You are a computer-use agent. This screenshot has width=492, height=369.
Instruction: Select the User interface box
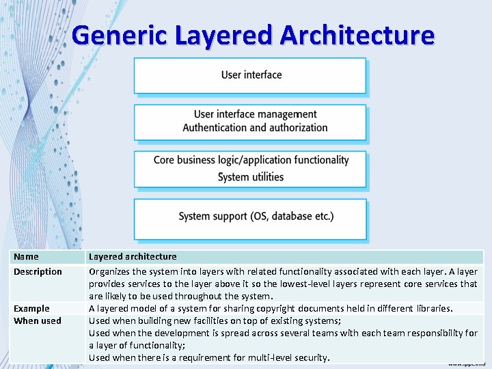[x=250, y=75]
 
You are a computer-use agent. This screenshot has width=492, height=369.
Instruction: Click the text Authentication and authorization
[x=255, y=128]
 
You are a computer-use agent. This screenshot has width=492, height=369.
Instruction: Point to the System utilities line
[x=250, y=177]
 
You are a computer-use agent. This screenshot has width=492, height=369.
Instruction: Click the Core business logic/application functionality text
[x=251, y=160]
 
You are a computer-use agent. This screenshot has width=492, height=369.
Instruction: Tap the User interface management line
[x=255, y=114]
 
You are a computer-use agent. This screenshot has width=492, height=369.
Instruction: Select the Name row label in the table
[x=26, y=257]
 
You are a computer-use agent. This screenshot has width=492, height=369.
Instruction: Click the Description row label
[x=38, y=272]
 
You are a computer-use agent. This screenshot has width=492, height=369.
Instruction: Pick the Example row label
[x=31, y=309]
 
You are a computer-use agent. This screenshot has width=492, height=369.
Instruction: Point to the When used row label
[x=37, y=321]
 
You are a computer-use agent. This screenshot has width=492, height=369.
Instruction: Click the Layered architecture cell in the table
[x=133, y=257]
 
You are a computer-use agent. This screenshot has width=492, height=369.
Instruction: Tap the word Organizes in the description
[x=111, y=272]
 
